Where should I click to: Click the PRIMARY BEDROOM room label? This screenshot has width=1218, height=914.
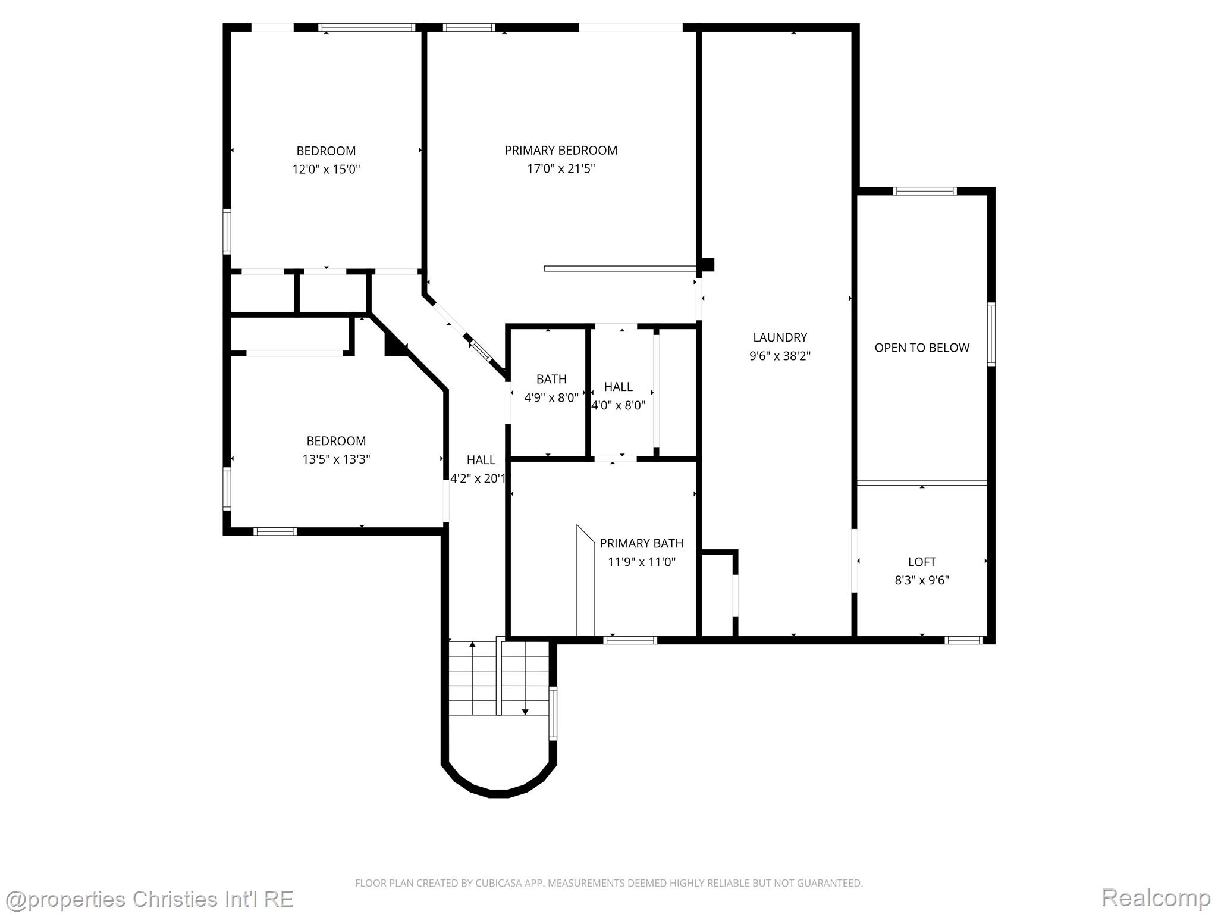pos(561,151)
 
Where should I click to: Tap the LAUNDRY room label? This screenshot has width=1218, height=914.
pos(780,337)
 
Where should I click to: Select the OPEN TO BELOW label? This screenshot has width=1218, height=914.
pos(922,348)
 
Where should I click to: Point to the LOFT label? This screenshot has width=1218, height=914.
pos(922,562)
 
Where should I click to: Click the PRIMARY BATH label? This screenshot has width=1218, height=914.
pos(641,543)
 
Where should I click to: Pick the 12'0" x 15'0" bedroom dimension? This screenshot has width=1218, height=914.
pos(326,169)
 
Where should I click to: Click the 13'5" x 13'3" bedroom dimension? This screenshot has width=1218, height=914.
pos(336,459)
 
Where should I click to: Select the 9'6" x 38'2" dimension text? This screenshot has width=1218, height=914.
pos(780,356)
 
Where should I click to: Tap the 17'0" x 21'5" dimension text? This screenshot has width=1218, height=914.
pos(561,169)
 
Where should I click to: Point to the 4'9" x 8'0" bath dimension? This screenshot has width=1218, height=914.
pos(551,397)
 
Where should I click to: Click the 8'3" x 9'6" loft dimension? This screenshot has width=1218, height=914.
pos(922,580)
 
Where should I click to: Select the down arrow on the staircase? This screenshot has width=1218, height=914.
pos(525,678)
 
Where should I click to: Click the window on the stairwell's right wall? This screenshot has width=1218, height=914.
pos(553,713)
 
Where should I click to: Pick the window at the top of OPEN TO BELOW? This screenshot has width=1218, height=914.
pos(925,191)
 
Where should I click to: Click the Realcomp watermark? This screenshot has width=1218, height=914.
pos(1156,897)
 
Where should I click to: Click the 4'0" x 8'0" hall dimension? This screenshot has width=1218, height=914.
pos(618,405)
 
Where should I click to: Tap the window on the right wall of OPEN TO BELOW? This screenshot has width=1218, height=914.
pos(991,334)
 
